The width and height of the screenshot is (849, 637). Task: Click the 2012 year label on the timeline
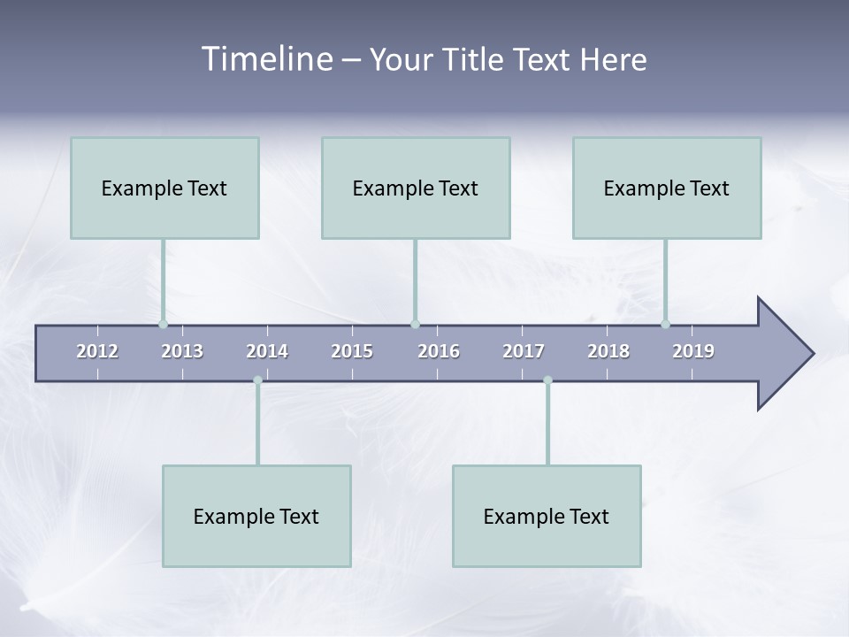[97, 351]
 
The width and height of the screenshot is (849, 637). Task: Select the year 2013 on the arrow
[182, 351]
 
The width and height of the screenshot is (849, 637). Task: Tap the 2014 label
[267, 351]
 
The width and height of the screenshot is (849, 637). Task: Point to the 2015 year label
[352, 351]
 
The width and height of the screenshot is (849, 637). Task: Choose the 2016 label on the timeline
[439, 351]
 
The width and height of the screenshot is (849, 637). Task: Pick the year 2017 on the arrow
[524, 351]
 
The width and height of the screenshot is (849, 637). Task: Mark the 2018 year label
[608, 351]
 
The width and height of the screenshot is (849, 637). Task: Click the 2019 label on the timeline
[693, 351]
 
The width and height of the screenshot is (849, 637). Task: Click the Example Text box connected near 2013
[164, 188]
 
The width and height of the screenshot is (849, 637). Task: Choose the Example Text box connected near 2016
[416, 188]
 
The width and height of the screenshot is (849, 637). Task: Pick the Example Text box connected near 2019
[667, 188]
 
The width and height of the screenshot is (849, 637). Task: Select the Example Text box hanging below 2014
[256, 516]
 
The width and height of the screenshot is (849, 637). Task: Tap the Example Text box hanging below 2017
[547, 516]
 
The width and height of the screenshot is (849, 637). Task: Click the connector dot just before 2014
[257, 380]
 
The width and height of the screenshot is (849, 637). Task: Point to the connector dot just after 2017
[547, 380]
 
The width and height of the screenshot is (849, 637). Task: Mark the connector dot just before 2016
[415, 324]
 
